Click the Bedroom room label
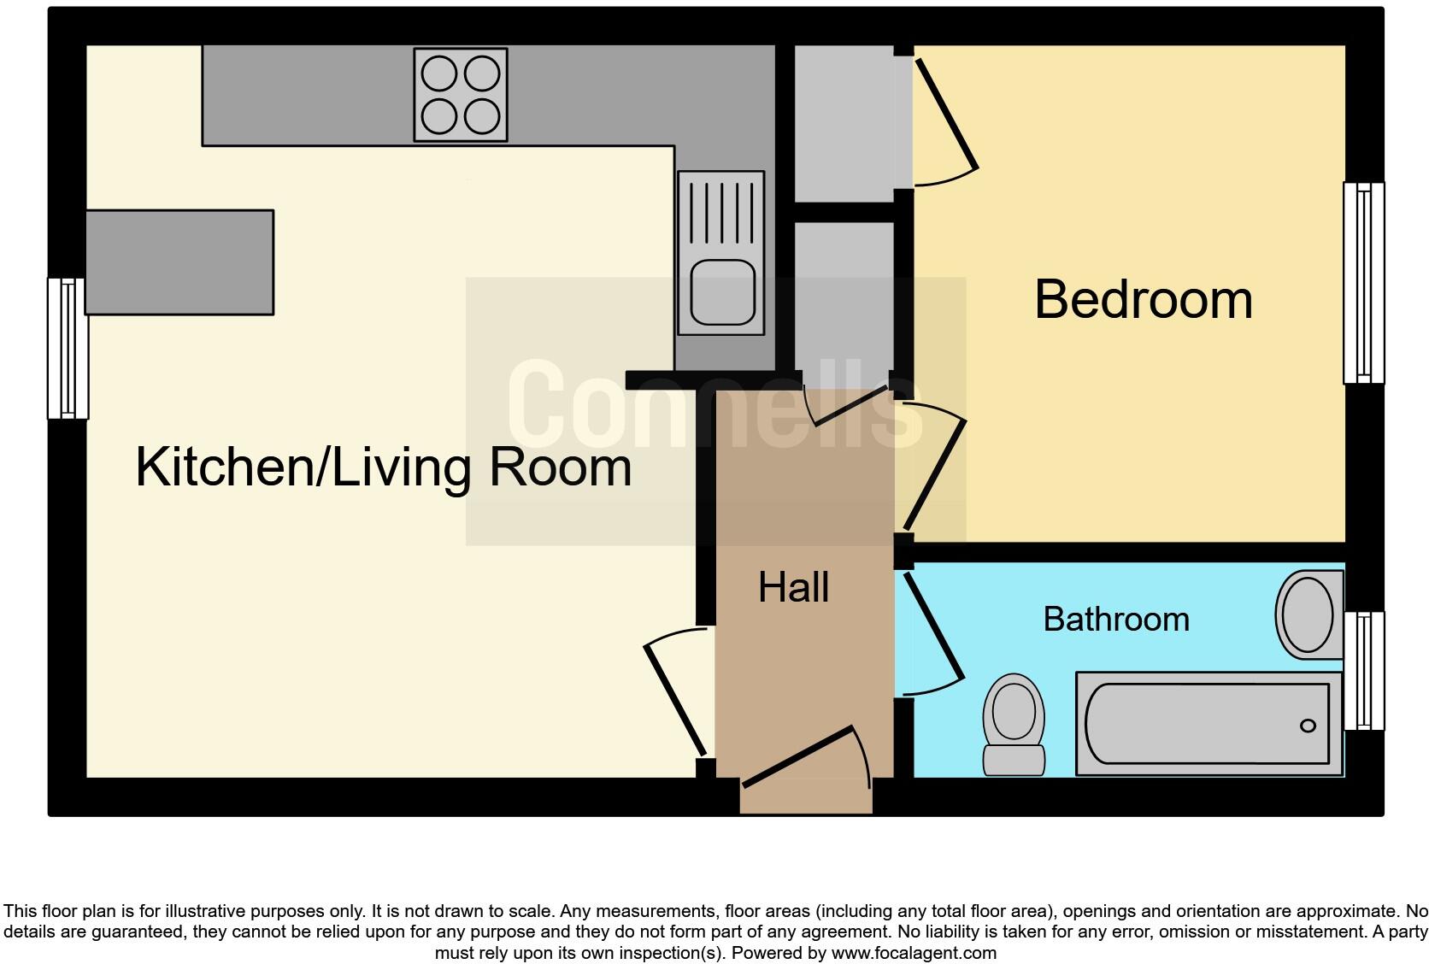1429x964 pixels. pyautogui.click(x=1143, y=300)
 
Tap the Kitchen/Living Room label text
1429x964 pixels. pyautogui.click(x=383, y=467)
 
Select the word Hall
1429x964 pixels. pyautogui.click(x=793, y=588)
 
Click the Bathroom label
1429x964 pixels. pyautogui.click(x=1115, y=619)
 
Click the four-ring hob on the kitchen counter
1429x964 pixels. pyautogui.click(x=461, y=94)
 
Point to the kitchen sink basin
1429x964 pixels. pyautogui.click(x=722, y=292)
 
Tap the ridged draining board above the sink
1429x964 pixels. pyautogui.click(x=720, y=214)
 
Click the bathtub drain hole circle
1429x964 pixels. pyautogui.click(x=1307, y=726)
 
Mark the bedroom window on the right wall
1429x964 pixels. pyautogui.click(x=1363, y=282)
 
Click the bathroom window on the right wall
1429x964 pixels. pyautogui.click(x=1363, y=671)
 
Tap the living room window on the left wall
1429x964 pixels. pyautogui.click(x=68, y=348)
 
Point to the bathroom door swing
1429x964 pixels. pyautogui.click(x=933, y=632)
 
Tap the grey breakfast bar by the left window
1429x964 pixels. pyautogui.click(x=179, y=262)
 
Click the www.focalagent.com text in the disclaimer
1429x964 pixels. pyautogui.click(x=913, y=952)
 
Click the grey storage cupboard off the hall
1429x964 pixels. pyautogui.click(x=844, y=295)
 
